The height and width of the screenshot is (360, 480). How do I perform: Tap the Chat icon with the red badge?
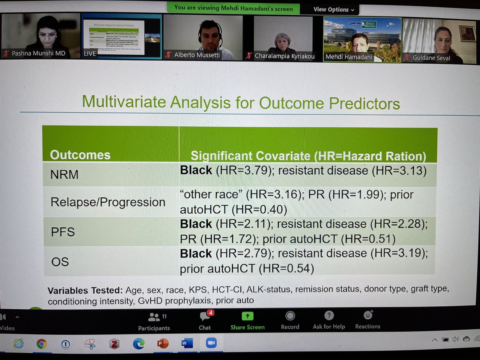(205, 320)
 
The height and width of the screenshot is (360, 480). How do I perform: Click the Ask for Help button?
(329, 320)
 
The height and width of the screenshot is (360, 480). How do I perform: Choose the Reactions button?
(368, 320)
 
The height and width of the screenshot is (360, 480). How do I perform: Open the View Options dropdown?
(334, 9)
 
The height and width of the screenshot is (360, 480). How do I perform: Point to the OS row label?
(60, 261)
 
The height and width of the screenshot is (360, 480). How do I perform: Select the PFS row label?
(62, 232)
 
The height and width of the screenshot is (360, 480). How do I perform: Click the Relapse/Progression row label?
(108, 202)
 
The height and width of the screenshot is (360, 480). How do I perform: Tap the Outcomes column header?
(80, 155)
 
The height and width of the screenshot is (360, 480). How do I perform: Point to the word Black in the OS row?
(196, 254)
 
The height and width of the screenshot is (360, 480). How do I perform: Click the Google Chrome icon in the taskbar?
(41, 344)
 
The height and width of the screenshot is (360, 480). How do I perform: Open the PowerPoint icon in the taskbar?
(162, 344)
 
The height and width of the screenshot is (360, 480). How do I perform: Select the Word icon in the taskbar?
(187, 343)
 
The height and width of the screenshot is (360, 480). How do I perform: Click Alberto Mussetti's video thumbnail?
(203, 37)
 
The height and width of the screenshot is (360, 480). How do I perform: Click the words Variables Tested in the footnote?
(85, 290)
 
